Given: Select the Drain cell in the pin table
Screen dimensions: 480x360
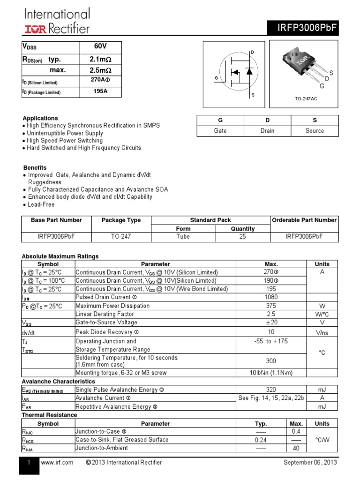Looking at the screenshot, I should click(x=267, y=131).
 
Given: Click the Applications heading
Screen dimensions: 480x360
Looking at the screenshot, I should click(x=41, y=118).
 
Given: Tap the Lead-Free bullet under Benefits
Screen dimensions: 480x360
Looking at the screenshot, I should click(x=41, y=204).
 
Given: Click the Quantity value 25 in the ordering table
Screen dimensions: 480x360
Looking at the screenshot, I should click(x=243, y=237).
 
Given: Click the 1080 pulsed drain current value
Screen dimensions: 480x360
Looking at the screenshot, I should click(x=271, y=297).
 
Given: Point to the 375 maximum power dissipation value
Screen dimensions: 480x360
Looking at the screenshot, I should click(x=271, y=306).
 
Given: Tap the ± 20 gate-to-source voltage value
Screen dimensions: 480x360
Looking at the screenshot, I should click(x=271, y=322).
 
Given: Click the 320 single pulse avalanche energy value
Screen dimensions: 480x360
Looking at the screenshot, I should click(x=271, y=390).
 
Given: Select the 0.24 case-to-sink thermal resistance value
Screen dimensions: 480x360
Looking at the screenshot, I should click(x=261, y=440).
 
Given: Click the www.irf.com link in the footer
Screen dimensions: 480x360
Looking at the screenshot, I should click(x=57, y=463).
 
